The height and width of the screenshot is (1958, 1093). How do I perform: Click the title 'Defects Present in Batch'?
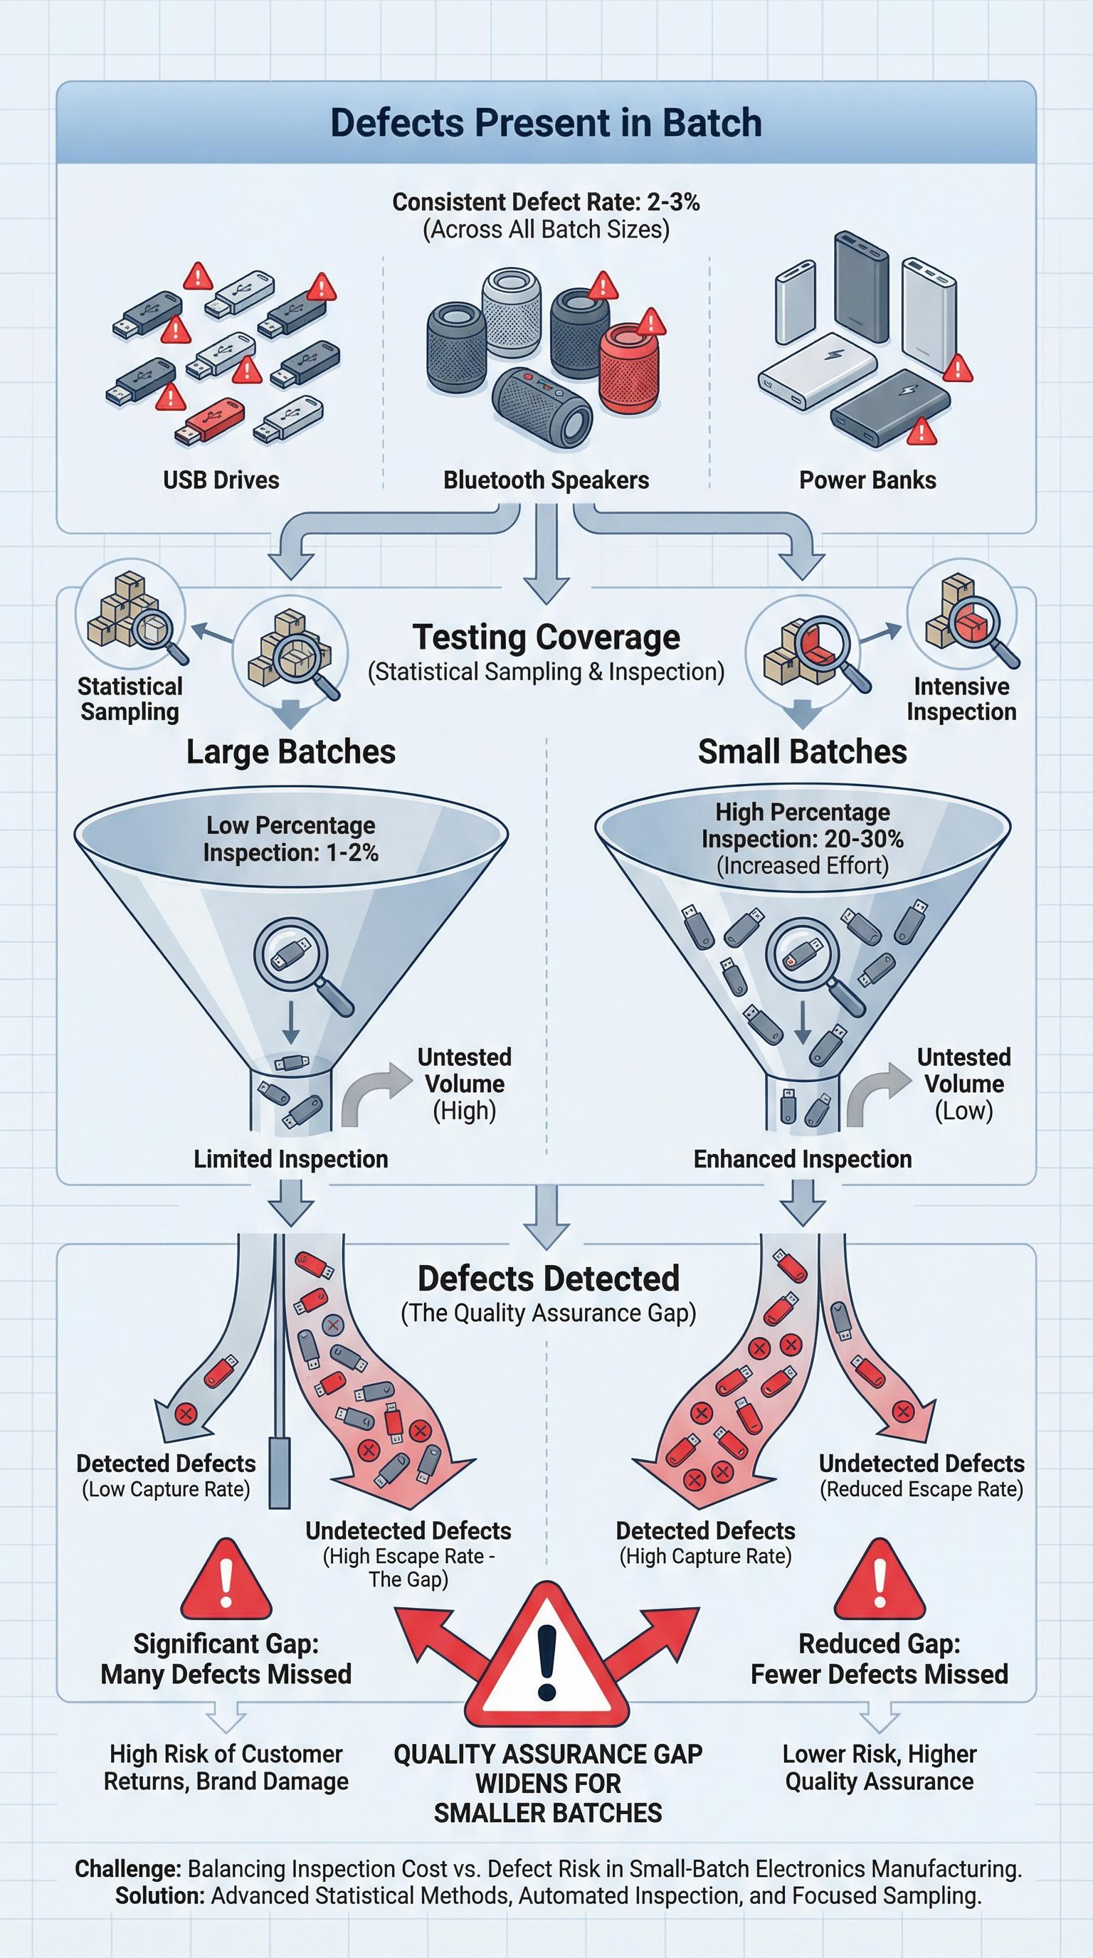pyautogui.click(x=546, y=123)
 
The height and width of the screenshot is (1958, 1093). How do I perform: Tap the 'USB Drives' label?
pyautogui.click(x=221, y=480)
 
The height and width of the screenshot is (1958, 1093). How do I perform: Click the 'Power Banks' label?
pyautogui.click(x=867, y=480)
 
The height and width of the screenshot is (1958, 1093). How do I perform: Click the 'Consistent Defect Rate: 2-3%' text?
pyautogui.click(x=546, y=202)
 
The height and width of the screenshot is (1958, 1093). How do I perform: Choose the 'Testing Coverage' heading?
pyautogui.click(x=546, y=637)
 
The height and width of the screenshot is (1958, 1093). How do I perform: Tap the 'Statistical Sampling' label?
pyautogui.click(x=130, y=699)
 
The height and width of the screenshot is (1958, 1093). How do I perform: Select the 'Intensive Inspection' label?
pyautogui.click(x=961, y=699)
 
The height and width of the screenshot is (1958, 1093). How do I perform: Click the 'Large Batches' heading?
pyautogui.click(x=291, y=752)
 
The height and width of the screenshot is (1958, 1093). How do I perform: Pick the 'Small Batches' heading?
pyautogui.click(x=802, y=752)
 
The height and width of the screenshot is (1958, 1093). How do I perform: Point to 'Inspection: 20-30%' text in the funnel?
pyautogui.click(x=802, y=839)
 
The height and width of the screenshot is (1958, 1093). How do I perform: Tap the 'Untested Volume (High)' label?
pyautogui.click(x=464, y=1084)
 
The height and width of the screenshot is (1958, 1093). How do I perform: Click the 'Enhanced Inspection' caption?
pyautogui.click(x=802, y=1159)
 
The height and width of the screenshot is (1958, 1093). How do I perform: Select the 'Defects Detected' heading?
pyautogui.click(x=548, y=1279)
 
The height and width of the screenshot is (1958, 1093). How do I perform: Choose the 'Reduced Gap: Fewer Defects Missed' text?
pyautogui.click(x=879, y=1658)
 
